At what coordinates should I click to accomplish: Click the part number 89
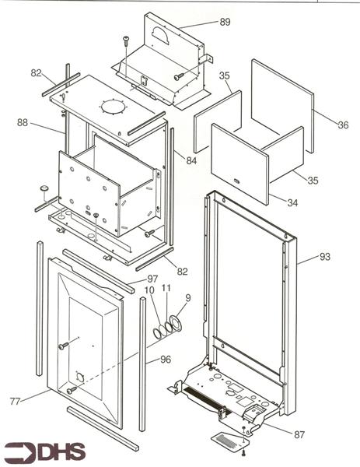pyautogui.click(x=225, y=23)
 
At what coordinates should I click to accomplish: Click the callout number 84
pyautogui.click(x=191, y=160)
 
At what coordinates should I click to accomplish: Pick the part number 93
pyautogui.click(x=324, y=257)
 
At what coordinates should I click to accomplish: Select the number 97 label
pyautogui.click(x=152, y=279)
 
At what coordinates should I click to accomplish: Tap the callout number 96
pyautogui.click(x=165, y=360)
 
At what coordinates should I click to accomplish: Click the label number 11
pyautogui.click(x=166, y=289)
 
